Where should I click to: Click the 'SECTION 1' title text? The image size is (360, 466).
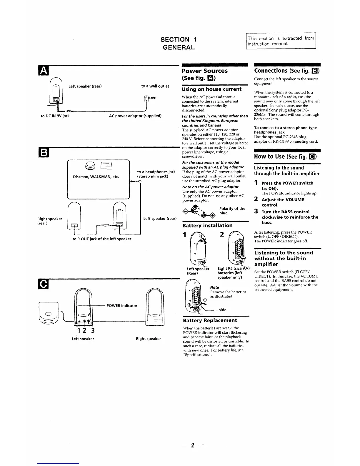point(179,39)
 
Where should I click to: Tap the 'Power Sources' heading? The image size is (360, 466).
point(204,71)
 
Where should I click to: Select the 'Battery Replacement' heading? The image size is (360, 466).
point(210,320)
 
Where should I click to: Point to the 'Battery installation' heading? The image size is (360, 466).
point(207,226)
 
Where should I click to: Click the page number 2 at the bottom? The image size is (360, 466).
point(193,445)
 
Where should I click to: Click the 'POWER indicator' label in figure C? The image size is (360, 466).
point(122,306)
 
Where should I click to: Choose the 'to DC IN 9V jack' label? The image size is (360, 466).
point(55,116)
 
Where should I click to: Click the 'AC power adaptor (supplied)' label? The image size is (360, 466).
point(135,116)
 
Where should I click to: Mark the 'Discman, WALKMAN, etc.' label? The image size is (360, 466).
point(96,177)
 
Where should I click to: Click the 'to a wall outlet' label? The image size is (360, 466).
point(155,86)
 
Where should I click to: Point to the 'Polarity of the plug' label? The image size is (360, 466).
point(232,211)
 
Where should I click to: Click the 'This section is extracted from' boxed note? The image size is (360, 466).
point(281,41)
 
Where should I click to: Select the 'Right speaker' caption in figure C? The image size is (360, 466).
point(148,339)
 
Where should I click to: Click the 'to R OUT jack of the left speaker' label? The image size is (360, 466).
point(102,239)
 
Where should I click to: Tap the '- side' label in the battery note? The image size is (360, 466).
point(221,310)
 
